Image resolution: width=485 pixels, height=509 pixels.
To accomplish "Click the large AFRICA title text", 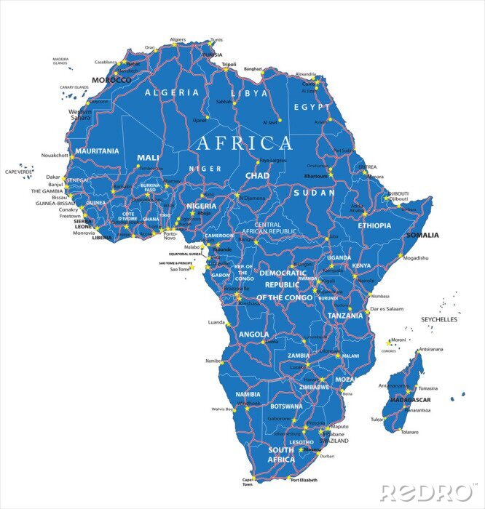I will [244, 143].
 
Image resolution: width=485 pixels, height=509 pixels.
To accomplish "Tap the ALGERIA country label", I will [172, 93].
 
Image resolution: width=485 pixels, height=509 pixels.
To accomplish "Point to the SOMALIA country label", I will [422, 235].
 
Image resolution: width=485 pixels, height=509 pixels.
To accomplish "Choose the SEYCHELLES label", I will [439, 319].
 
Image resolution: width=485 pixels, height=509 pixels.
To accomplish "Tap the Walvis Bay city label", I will [222, 409].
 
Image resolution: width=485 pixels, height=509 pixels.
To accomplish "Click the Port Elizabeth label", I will [304, 480].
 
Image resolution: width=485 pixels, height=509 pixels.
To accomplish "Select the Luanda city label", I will [217, 321].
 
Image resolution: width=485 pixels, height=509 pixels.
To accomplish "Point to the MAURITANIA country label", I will [97, 151].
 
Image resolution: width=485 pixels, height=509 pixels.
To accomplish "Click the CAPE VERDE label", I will [20, 172].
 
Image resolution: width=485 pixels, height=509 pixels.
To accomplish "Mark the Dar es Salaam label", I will [387, 309].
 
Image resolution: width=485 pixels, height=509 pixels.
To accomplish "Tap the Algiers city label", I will [178, 39].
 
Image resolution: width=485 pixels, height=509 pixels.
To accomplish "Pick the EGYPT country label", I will [307, 106].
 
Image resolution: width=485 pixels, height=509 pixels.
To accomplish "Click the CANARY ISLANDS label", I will [74, 87].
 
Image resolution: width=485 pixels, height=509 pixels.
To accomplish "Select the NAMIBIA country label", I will [248, 394].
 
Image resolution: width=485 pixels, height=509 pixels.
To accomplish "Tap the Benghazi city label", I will [253, 68].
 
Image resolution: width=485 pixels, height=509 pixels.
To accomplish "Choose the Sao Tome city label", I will [179, 269].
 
